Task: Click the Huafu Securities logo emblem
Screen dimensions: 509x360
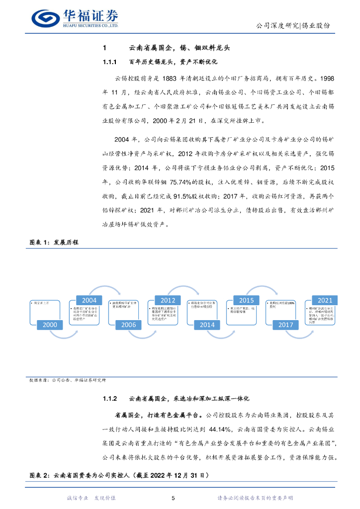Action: click(45, 18)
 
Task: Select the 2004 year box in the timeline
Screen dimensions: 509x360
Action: click(89, 300)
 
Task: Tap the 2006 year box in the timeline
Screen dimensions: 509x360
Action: click(129, 325)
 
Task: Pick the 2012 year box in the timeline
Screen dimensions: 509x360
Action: click(168, 300)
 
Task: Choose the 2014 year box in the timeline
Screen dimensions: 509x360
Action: click(207, 325)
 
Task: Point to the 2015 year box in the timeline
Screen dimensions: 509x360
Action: click(247, 300)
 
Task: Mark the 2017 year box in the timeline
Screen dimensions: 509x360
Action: click(286, 325)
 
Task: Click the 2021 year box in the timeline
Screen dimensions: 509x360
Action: click(325, 300)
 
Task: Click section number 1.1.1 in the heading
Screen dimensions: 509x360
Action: click(109, 62)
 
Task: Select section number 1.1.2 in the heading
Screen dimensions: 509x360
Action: click(109, 399)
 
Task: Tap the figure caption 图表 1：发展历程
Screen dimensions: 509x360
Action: click(54, 242)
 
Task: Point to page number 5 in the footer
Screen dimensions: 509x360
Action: click(173, 498)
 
